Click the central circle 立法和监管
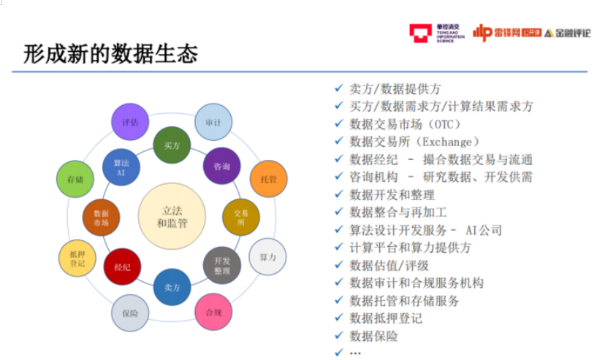coord(172,217)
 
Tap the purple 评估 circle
coord(130,122)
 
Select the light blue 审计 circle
coord(213,122)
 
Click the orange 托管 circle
coord(268,179)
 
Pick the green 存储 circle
coord(75,179)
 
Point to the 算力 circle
coord(267,257)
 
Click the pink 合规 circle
coord(213,313)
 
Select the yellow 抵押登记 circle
coord(77,258)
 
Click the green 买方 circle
coord(172,145)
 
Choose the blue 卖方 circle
coord(172,287)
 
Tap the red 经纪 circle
coord(122,267)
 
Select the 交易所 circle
coord(241,217)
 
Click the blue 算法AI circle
coord(121,167)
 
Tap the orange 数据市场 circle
coord(102,217)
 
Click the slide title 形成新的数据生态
coord(110,54)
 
